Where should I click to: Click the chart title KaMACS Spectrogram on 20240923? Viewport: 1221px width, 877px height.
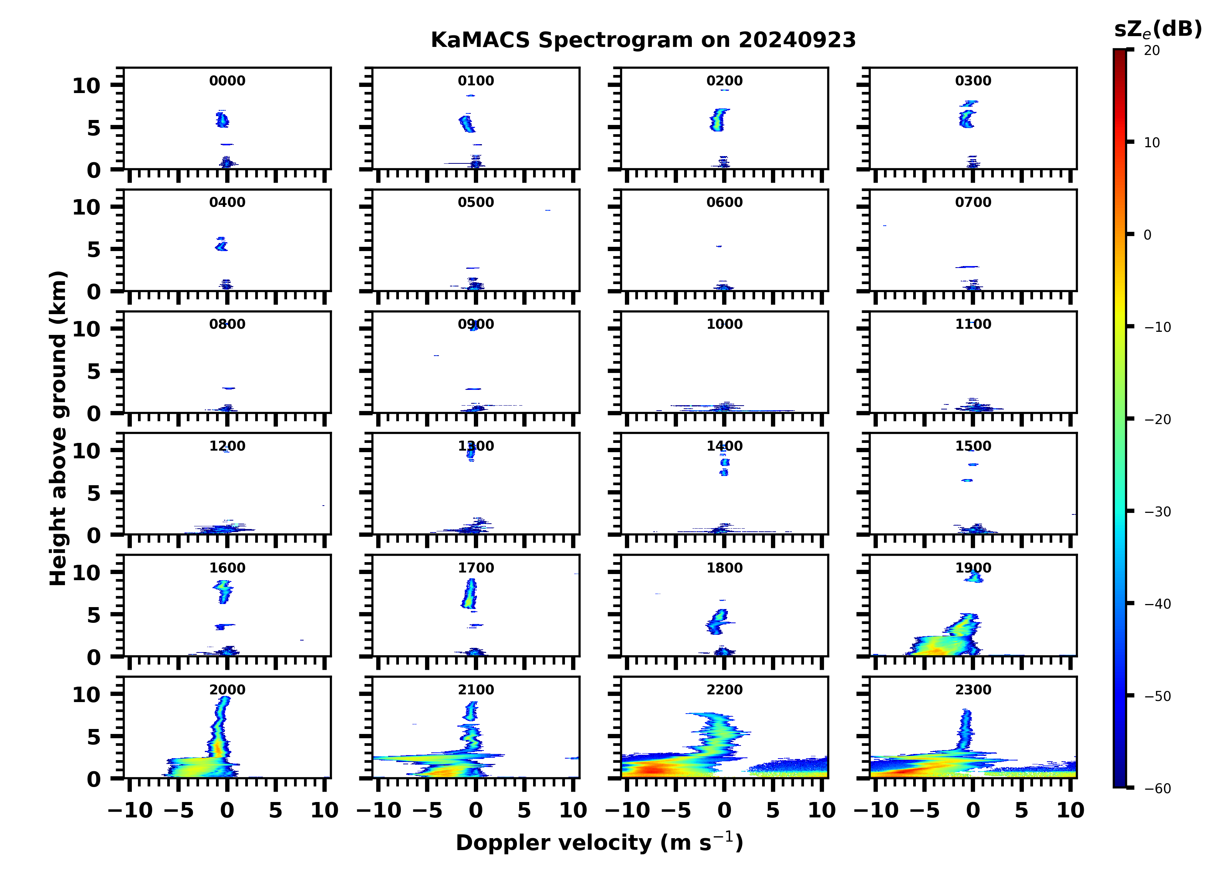pos(643,40)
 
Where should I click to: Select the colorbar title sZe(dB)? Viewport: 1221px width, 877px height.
pos(1158,29)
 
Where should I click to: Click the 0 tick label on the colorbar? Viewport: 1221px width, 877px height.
pos(1147,235)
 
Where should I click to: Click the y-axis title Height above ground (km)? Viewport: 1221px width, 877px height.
pos(58,428)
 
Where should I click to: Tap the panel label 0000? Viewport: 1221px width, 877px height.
pos(227,81)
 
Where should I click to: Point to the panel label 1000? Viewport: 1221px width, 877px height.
pos(724,324)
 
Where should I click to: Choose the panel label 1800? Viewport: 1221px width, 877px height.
pos(724,568)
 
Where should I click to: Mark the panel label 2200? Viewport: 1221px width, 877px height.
pos(724,689)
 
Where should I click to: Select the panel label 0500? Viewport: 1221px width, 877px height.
pos(475,203)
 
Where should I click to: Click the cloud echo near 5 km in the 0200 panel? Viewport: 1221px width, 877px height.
pos(718,120)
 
